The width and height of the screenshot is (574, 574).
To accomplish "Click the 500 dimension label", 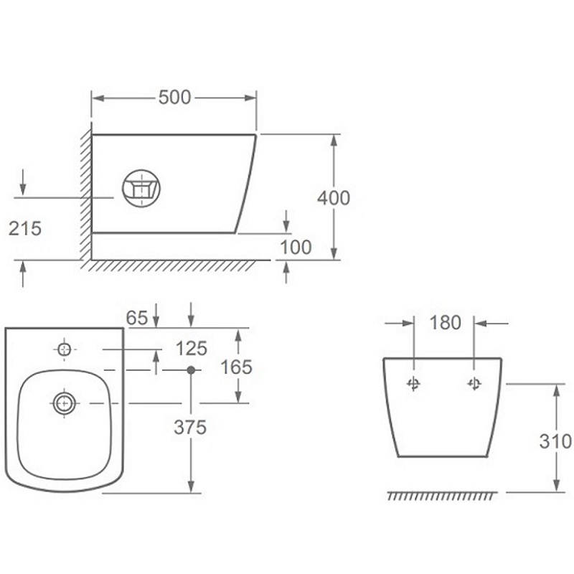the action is click(174, 98).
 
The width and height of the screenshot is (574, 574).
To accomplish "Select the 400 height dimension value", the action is click(334, 198).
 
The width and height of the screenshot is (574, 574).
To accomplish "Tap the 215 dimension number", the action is click(25, 229).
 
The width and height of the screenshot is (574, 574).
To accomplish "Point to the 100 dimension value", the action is click(296, 247).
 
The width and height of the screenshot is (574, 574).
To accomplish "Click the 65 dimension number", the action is click(137, 318).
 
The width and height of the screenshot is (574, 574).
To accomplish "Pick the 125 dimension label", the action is click(192, 349).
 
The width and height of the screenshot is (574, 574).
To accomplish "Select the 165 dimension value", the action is click(237, 367).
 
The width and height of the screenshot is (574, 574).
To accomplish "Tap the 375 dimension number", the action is click(190, 427).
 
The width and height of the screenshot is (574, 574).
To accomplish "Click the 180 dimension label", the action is click(445, 323).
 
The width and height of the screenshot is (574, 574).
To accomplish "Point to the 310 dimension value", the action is click(555, 441).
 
